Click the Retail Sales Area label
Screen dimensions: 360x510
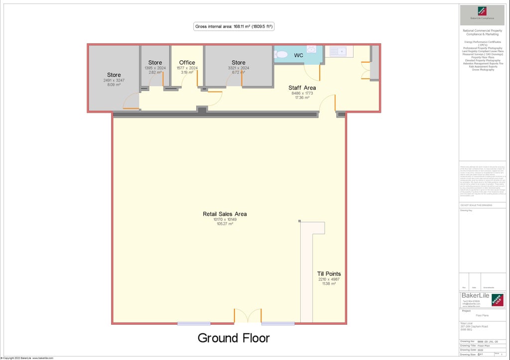[225, 214]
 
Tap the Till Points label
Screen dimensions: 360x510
[329, 274]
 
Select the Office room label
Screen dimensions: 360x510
[187, 63]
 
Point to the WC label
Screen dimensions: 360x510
[298, 55]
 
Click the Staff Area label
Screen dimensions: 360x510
[302, 88]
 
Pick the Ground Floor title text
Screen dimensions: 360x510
[234, 338]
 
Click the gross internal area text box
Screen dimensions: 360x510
[234, 26]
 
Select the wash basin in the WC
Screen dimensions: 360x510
[312, 49]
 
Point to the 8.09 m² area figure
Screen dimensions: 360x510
[114, 85]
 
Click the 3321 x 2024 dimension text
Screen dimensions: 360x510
[239, 68]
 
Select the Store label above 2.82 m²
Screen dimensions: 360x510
[155, 63]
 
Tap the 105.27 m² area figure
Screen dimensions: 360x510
[225, 224]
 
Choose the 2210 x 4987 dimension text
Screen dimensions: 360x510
[329, 279]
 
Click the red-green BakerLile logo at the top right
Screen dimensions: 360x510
[482, 11]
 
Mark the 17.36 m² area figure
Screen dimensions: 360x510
[302, 98]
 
